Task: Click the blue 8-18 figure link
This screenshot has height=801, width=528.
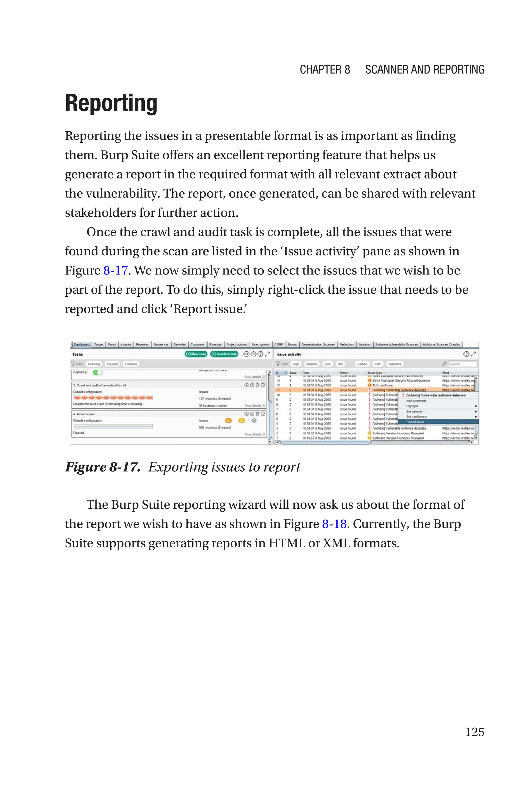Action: click(334, 524)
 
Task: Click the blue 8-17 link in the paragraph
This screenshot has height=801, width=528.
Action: click(115, 270)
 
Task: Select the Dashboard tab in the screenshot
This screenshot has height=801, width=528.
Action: click(81, 345)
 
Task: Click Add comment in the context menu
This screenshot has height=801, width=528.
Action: click(416, 401)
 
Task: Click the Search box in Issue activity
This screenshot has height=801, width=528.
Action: click(462, 364)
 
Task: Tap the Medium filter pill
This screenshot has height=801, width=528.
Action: click(311, 364)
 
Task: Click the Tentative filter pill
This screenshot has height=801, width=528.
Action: click(395, 364)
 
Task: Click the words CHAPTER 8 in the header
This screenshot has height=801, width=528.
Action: click(325, 70)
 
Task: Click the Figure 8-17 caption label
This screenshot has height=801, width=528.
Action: click(102, 467)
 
